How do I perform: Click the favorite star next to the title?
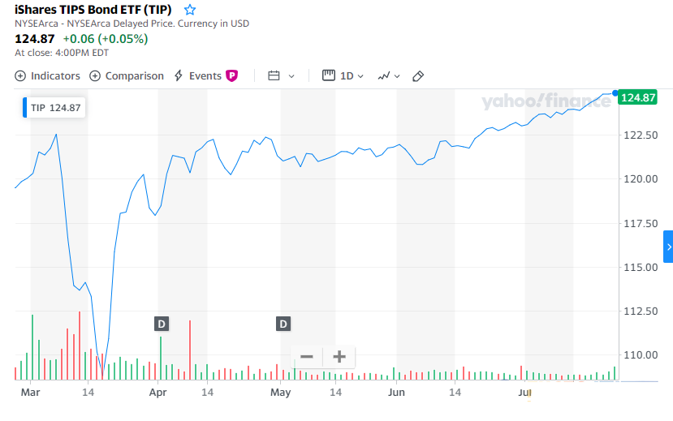tap(190, 10)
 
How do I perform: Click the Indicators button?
tap(48, 75)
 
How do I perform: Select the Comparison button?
tap(127, 75)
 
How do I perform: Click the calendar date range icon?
tap(274, 75)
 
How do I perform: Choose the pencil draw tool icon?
tap(418, 75)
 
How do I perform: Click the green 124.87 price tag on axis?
tap(637, 97)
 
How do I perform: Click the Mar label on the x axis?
tap(30, 392)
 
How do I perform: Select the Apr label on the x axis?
tap(157, 392)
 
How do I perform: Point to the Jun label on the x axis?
tap(396, 392)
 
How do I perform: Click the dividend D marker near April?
tap(162, 324)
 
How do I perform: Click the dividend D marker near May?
tap(283, 324)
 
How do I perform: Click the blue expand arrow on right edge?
tap(668, 247)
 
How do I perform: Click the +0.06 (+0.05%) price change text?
tap(106, 39)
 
